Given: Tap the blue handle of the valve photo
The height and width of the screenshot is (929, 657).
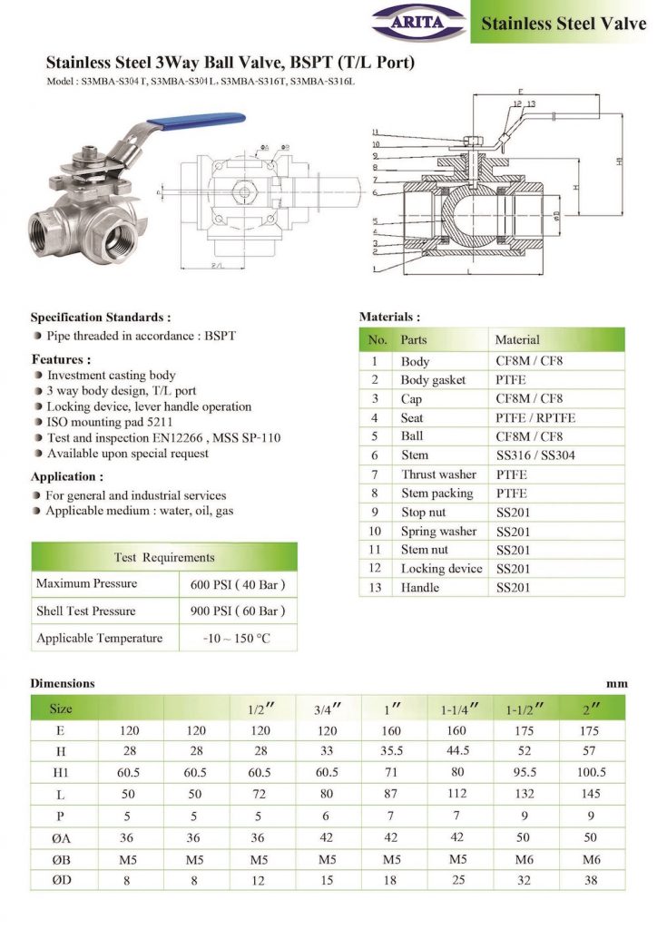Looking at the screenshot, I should [x=205, y=119].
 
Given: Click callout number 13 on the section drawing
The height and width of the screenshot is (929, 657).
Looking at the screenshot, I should [x=531, y=104].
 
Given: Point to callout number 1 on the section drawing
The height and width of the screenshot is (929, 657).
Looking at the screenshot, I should [x=374, y=269].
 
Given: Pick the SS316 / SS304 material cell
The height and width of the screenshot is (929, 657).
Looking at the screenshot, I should [x=534, y=455].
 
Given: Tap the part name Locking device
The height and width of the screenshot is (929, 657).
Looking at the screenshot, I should [x=442, y=569].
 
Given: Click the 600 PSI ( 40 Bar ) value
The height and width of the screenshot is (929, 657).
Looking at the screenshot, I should [x=240, y=583].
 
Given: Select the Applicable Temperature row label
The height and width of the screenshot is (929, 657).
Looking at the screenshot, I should [x=100, y=639].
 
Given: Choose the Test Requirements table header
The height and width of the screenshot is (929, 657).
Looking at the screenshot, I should [x=164, y=557].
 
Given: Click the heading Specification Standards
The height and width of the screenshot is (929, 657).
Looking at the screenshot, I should [x=101, y=318].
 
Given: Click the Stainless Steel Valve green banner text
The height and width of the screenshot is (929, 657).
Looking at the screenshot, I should [x=563, y=23].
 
